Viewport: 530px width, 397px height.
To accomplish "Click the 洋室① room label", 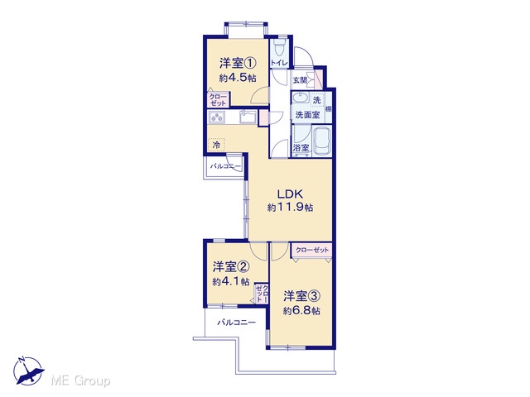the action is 238,63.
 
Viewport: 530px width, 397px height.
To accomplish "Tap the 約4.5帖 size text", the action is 238,78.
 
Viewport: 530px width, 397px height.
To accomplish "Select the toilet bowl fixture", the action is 279,49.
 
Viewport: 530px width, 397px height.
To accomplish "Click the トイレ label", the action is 279,63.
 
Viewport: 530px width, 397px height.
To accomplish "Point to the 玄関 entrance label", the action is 300,80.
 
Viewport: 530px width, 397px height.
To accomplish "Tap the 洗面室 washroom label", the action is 307,115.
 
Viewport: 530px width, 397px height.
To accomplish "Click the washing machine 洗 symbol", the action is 316,100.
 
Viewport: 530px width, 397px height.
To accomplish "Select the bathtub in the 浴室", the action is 322,141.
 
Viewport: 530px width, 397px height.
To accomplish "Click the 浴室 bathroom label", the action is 301,148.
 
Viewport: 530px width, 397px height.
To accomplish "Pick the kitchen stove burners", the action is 217,117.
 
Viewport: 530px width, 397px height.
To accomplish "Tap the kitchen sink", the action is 248,117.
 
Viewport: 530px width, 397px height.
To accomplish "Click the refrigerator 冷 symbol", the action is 216,146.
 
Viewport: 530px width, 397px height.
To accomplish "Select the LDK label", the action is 290,194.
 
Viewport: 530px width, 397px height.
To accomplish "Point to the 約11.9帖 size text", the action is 290,207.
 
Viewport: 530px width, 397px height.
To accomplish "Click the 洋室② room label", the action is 231,267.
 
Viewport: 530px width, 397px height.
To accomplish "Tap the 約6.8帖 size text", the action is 301,311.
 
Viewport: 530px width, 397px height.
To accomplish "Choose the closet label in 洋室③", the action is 312,250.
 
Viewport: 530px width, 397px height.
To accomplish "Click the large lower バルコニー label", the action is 236,323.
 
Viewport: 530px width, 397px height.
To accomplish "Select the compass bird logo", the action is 28,371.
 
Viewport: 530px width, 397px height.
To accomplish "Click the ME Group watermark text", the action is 81,380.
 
